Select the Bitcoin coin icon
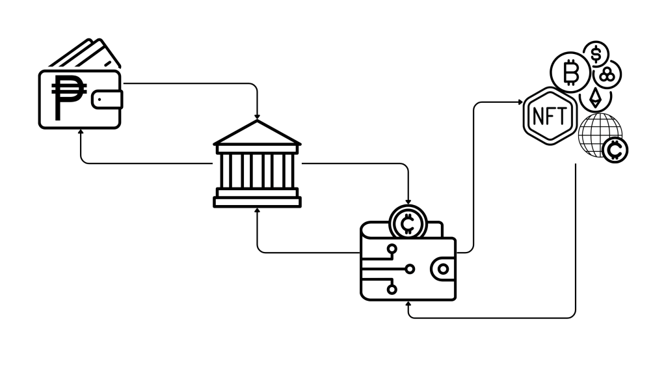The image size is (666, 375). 570,72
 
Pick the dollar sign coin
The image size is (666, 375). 595,55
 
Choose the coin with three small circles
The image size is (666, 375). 608,76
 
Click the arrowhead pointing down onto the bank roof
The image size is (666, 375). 258,115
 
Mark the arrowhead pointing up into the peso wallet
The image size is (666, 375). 81,131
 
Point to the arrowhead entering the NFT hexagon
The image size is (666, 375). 520,102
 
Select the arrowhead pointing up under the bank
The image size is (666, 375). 258,210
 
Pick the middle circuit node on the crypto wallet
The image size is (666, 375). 410,268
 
